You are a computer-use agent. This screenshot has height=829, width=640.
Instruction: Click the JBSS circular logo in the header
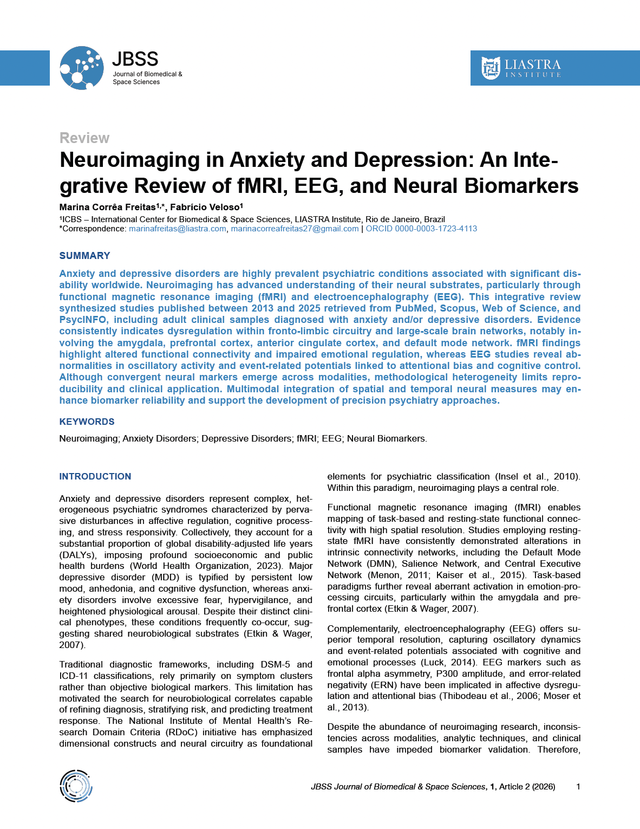tap(81, 68)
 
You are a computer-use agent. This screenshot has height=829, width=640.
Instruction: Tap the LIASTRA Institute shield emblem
tap(491, 68)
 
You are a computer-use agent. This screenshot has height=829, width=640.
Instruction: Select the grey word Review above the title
tap(84, 138)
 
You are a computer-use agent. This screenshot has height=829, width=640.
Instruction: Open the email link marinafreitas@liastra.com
tap(178, 229)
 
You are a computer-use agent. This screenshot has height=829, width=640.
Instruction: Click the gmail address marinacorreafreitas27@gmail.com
tap(295, 229)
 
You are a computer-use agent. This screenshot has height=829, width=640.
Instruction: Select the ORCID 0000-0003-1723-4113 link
tap(421, 229)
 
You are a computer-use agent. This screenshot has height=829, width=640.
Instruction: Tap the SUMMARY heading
tap(84, 256)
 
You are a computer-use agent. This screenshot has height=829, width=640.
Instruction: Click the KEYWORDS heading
tap(87, 422)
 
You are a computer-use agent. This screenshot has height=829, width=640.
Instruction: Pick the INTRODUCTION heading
tap(95, 476)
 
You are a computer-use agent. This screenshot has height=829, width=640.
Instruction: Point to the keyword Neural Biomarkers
tap(387, 438)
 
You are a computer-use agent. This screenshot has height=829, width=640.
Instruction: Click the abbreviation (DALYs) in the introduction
tap(76, 555)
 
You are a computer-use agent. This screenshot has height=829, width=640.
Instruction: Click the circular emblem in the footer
tap(76, 786)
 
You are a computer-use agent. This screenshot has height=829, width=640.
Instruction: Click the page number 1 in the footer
tap(578, 787)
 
